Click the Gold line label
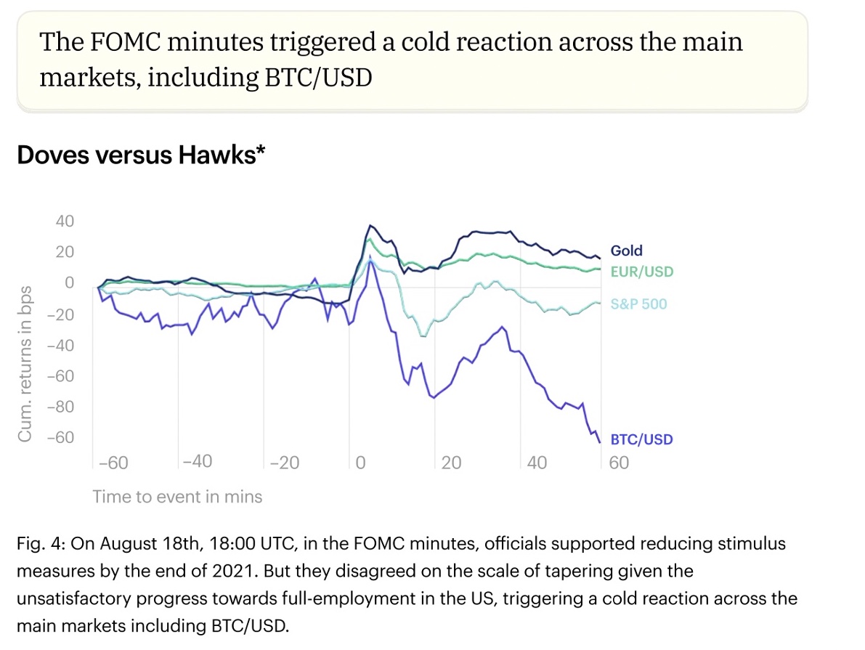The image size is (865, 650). pyautogui.click(x=626, y=251)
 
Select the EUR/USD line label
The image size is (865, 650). pyautogui.click(x=641, y=272)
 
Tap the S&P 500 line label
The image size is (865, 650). pyautogui.click(x=638, y=304)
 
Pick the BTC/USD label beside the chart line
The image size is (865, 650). pyautogui.click(x=641, y=439)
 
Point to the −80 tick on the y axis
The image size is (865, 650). pyautogui.click(x=60, y=407)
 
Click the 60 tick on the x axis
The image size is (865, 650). pyautogui.click(x=619, y=463)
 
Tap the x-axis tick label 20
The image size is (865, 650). pyautogui.click(x=451, y=463)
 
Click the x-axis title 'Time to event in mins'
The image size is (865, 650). pyautogui.click(x=177, y=497)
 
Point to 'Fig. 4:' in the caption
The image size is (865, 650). pyautogui.click(x=40, y=544)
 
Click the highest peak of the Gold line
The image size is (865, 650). pyautogui.click(x=370, y=226)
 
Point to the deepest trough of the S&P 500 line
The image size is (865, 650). pyautogui.click(x=423, y=336)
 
